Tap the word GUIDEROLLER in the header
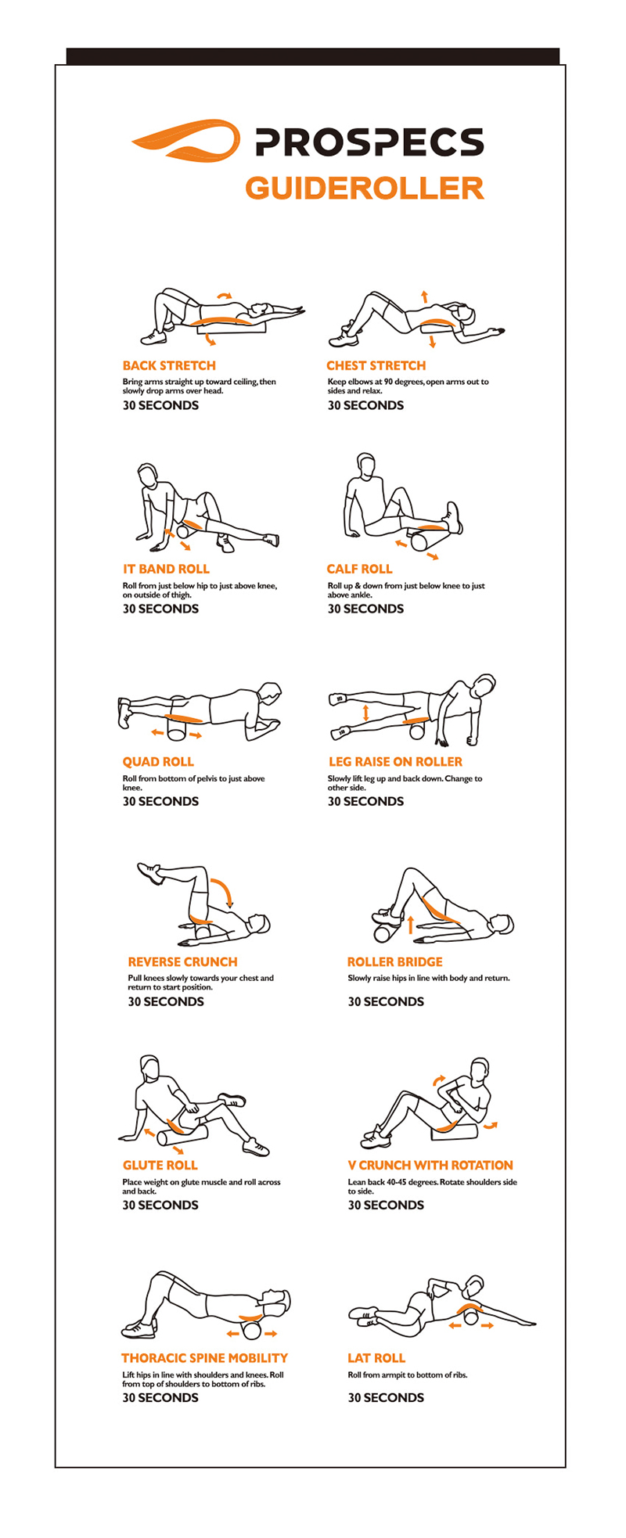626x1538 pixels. [365, 189]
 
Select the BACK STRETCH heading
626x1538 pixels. [169, 365]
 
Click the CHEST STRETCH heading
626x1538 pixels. [376, 365]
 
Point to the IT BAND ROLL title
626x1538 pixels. [166, 569]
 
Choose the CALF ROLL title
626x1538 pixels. [359, 569]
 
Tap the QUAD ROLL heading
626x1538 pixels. [158, 762]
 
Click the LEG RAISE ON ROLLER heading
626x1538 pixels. [395, 762]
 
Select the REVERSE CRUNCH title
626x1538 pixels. [182, 962]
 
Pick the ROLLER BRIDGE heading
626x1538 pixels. [395, 962]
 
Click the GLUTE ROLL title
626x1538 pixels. [160, 1166]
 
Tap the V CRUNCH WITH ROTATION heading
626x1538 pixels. [430, 1166]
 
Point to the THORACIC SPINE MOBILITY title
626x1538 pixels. [205, 1358]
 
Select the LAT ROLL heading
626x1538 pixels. [376, 1358]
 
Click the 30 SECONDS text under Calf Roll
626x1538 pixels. [365, 609]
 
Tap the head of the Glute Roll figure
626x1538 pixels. [150, 1067]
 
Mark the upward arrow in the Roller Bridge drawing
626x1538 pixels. [410, 924]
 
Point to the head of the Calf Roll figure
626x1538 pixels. [365, 464]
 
